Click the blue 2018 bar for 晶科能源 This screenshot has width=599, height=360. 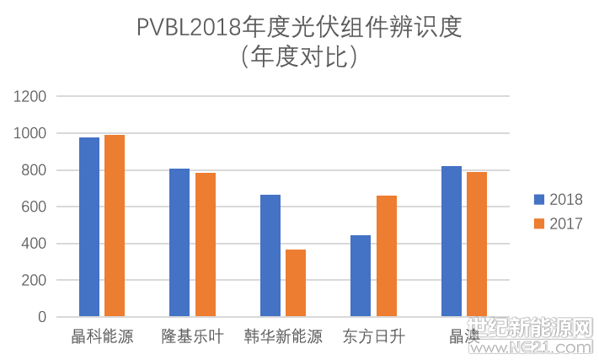click(x=89, y=227)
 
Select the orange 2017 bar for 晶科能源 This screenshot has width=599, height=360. click(x=115, y=225)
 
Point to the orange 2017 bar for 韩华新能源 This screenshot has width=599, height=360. click(x=296, y=282)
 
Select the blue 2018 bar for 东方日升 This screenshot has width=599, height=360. click(x=361, y=276)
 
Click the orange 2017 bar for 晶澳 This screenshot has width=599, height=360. click(x=477, y=244)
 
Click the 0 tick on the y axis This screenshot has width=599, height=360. click(x=42, y=317)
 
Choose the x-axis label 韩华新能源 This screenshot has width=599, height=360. click(x=283, y=337)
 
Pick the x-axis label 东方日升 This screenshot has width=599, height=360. click(x=373, y=337)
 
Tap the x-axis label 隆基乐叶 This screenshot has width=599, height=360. click(x=192, y=337)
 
